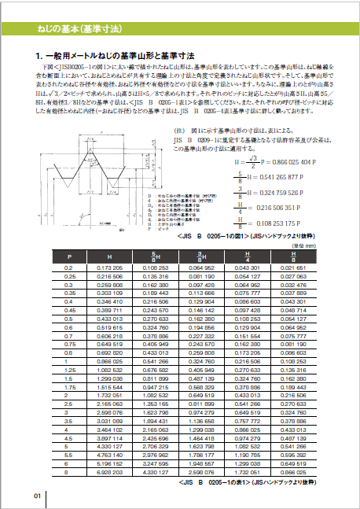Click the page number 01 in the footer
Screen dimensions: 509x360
(x=38, y=496)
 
